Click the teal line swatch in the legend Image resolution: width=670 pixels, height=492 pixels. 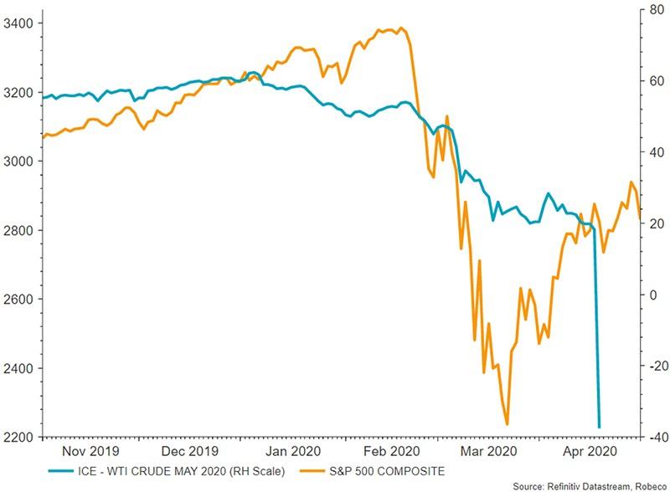pos(61,471)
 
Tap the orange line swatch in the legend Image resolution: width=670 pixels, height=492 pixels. pos(320,471)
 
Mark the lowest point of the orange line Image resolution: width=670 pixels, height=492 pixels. pos(507,424)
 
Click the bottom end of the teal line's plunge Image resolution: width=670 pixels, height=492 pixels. pos(599,428)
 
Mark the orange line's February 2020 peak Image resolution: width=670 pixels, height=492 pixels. pos(403,28)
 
